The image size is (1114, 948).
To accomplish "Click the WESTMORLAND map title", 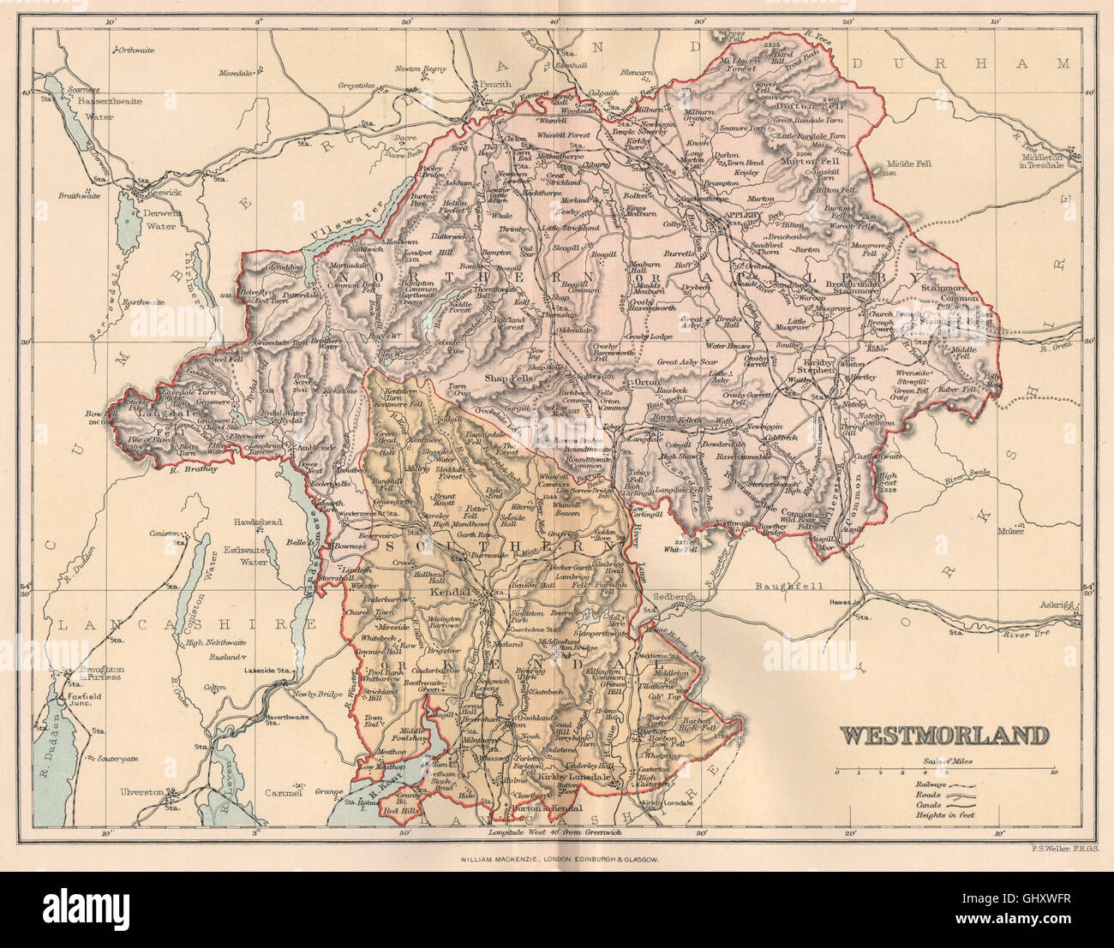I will (943, 736).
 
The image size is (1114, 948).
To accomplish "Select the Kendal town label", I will (453, 592).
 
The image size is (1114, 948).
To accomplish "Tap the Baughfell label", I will (777, 587).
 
